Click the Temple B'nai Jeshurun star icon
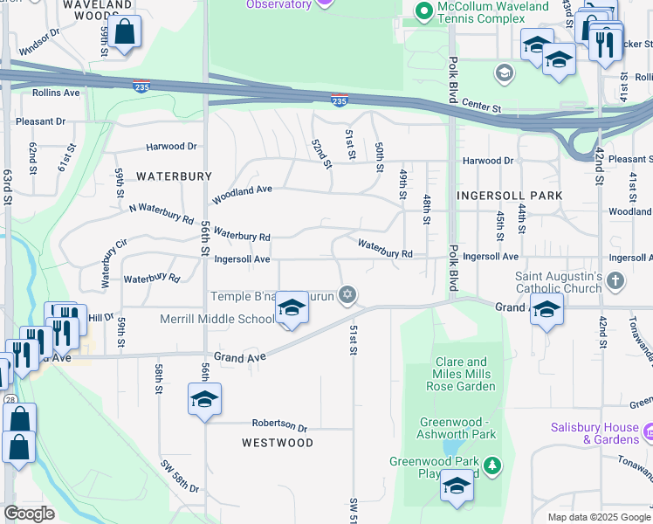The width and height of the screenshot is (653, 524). click(347, 296)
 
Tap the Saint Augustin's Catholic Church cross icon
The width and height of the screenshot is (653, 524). click(616, 280)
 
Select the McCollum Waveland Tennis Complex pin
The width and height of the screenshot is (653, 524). click(424, 11)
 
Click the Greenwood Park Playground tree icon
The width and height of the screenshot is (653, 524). click(493, 463)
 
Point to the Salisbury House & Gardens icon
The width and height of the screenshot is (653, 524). click(648, 432)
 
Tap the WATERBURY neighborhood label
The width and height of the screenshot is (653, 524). click(174, 176)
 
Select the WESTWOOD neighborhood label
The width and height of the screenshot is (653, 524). click(278, 443)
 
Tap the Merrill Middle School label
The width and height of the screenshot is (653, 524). click(217, 319)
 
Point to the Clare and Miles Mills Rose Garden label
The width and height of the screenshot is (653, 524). click(465, 374)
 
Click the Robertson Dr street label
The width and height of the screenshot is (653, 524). click(279, 427)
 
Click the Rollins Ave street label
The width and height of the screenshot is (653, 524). click(56, 93)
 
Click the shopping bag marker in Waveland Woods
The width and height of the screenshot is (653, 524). click(126, 33)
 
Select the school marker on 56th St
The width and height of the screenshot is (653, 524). click(204, 400)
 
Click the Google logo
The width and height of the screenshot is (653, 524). click(30, 514)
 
